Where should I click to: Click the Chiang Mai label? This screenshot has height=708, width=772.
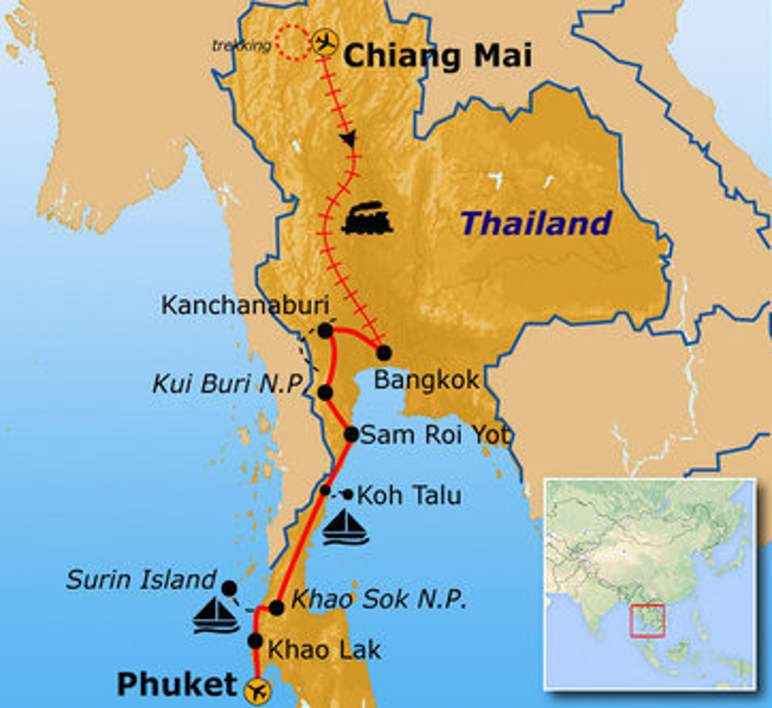(x=437, y=55)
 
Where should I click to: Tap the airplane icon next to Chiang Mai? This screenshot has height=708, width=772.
(x=325, y=42)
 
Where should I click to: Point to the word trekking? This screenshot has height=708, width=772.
(x=241, y=46)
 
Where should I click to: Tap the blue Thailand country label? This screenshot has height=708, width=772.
(x=536, y=223)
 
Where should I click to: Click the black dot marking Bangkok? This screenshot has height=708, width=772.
(x=384, y=352)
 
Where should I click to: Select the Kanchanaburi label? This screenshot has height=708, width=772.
(x=245, y=305)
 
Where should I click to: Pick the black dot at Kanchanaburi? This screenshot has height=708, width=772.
(x=325, y=330)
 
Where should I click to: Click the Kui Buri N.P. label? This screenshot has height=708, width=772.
(x=228, y=383)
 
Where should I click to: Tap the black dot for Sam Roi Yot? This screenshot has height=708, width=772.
(x=351, y=434)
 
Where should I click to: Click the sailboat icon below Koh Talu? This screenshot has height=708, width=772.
(x=345, y=527)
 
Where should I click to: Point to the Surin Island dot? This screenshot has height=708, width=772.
(x=229, y=588)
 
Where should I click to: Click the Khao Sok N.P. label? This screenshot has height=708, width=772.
(x=378, y=599)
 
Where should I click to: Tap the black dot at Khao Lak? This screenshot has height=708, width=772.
(x=256, y=641)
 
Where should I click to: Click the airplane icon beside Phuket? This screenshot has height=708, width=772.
(x=258, y=689)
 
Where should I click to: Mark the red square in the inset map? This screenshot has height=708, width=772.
(x=647, y=621)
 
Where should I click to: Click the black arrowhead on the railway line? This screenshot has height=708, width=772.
(x=348, y=139)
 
